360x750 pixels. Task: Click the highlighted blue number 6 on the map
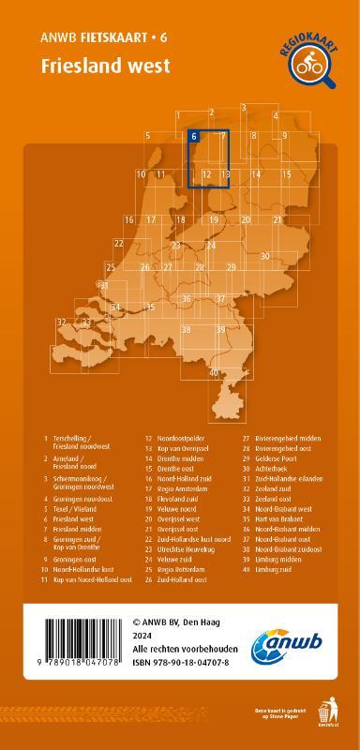[194, 137]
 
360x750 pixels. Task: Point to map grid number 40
[215, 373]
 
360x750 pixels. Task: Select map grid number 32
[61, 322]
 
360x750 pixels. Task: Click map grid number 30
[265, 256]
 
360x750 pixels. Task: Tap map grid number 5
[148, 137]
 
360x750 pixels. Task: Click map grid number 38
[186, 330]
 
